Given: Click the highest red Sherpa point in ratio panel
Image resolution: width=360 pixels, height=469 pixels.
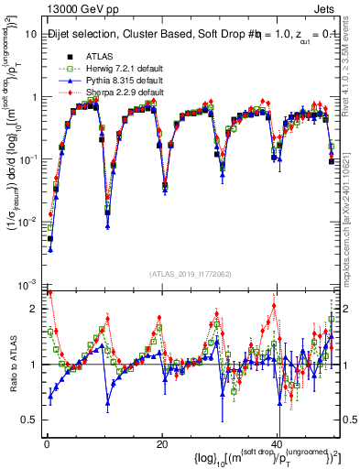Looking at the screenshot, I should pyautogui.click(x=49, y=292).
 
